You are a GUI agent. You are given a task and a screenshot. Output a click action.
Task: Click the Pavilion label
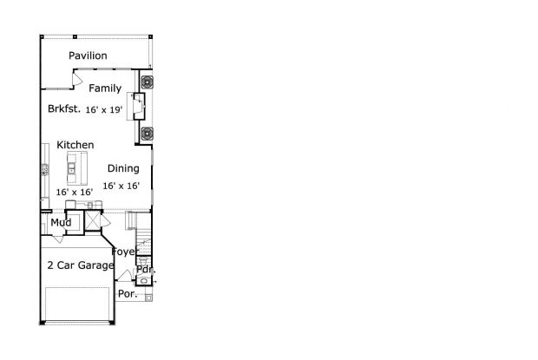click(88, 56)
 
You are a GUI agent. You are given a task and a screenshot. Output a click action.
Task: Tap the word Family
click(105, 88)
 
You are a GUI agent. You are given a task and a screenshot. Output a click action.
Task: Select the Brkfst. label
click(64, 108)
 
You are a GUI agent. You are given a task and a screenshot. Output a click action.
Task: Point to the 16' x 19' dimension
click(104, 109)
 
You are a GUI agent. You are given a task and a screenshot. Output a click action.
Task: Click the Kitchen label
click(75, 145)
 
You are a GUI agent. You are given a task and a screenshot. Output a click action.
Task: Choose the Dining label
click(123, 168)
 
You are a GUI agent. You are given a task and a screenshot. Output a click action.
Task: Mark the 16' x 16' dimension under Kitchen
click(75, 192)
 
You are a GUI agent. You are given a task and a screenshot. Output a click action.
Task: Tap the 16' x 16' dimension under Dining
click(121, 186)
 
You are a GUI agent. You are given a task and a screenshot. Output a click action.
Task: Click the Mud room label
click(61, 223)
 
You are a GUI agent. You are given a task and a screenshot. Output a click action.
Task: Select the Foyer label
click(124, 252)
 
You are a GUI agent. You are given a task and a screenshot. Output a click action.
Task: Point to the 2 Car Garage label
click(81, 265)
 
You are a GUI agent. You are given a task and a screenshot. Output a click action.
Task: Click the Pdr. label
click(146, 270)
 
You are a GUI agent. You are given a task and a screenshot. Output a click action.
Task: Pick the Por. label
click(128, 294)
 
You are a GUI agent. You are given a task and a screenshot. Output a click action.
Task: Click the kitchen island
click(77, 168)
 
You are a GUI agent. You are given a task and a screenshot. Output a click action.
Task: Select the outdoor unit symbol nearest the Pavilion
click(147, 82)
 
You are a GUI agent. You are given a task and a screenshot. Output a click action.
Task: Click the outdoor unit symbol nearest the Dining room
click(147, 134)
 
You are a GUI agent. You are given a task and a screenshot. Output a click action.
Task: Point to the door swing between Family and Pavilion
click(77, 79)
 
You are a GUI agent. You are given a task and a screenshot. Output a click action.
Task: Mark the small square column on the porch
click(148, 298)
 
